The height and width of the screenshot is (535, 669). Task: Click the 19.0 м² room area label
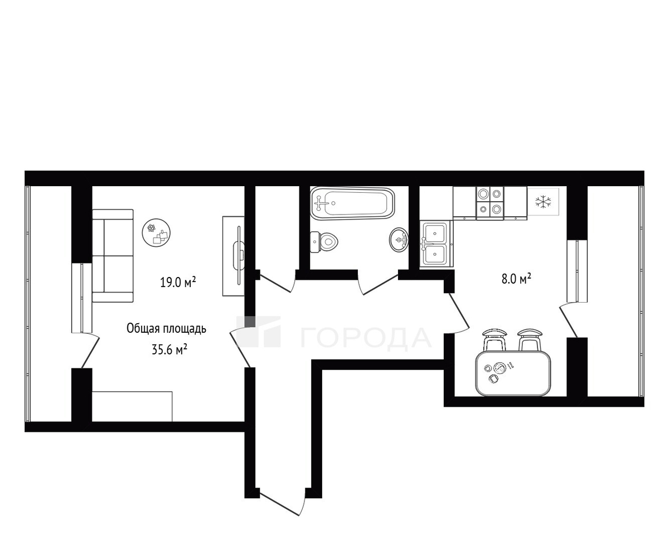tap(178, 281)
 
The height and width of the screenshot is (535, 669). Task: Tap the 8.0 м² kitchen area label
tap(516, 279)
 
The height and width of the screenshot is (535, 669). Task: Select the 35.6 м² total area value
tap(169, 349)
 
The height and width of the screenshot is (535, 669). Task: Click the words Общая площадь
tap(166, 328)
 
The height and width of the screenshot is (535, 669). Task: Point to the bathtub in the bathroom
tap(352, 203)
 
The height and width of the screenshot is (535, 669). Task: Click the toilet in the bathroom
tap(324, 241)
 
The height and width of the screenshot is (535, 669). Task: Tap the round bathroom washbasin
tap(399, 239)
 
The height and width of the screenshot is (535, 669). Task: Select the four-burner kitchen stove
tap(489, 203)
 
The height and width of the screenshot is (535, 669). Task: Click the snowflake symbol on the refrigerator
tap(543, 201)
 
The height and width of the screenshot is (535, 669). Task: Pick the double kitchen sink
tap(437, 244)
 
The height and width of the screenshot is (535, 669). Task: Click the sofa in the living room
tap(113, 256)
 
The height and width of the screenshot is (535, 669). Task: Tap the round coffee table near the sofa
tap(156, 233)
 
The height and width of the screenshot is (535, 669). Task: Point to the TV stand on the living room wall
tap(234, 256)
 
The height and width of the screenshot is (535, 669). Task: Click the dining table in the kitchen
tap(513, 373)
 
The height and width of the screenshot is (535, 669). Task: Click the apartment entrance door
tap(282, 504)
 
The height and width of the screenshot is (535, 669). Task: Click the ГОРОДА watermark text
tap(366, 338)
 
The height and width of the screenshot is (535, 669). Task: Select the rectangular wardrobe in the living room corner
tap(132, 407)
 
